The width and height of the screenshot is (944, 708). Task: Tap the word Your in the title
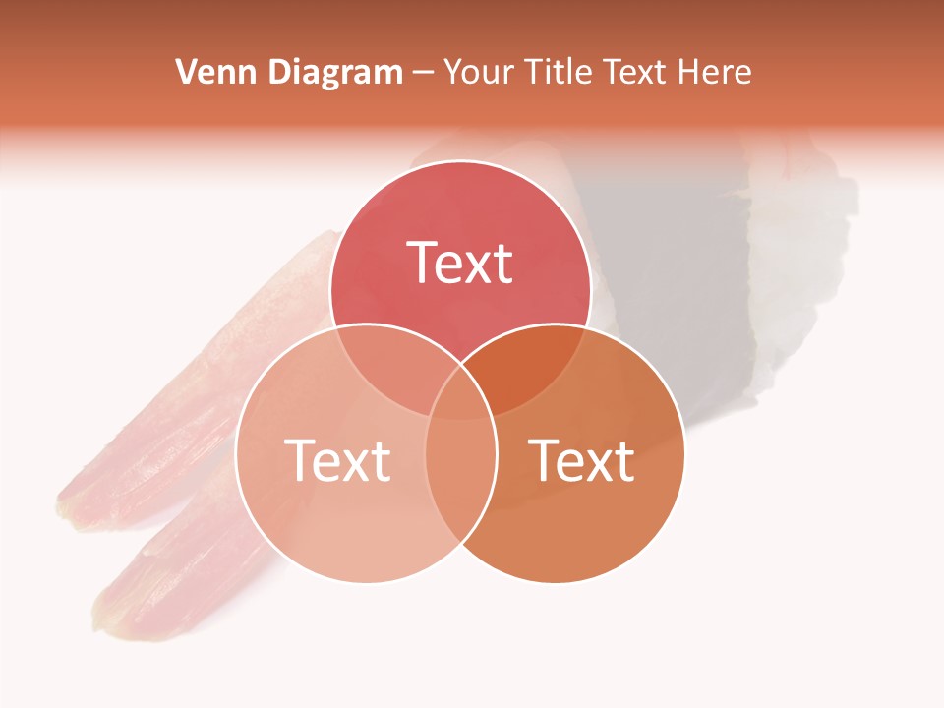click(x=479, y=72)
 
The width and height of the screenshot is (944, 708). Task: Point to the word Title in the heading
click(x=559, y=72)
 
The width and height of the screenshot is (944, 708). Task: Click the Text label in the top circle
click(x=460, y=263)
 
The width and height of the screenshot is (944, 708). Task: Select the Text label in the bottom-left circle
click(x=337, y=460)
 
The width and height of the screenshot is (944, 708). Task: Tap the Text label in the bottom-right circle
click(x=582, y=460)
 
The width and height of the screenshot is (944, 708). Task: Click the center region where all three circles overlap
click(x=460, y=393)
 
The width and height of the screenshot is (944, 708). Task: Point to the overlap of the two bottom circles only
click(x=460, y=472)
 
